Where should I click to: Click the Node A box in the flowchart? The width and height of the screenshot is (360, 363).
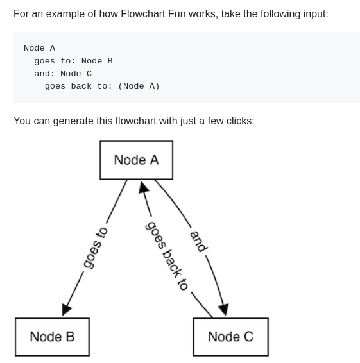point(136,160)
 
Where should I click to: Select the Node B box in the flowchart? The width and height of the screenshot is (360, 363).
point(52,337)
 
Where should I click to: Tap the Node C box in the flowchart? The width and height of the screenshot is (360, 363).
point(230,337)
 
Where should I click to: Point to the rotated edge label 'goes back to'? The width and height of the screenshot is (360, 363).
point(167,255)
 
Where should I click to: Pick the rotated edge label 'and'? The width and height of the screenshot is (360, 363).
point(198,241)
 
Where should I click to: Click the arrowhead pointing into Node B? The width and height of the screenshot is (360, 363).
point(66,309)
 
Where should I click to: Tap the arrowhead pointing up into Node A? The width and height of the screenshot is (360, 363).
point(144,188)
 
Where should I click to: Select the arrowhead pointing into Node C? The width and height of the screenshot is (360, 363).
point(223,309)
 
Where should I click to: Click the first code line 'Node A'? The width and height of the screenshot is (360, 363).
point(39,48)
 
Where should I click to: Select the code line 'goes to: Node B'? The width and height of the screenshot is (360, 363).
point(73,61)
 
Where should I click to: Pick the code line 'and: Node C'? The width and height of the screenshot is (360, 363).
point(63,74)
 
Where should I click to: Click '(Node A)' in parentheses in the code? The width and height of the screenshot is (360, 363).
point(139,86)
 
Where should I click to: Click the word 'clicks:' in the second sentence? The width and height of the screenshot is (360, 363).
point(237,121)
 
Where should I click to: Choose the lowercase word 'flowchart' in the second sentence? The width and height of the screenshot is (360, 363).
point(140,121)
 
